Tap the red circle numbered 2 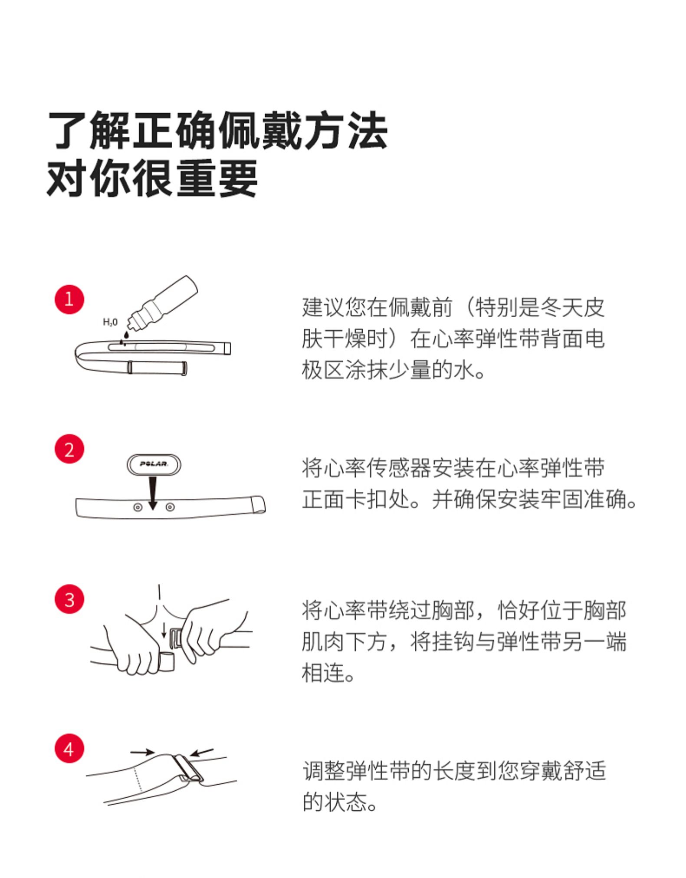[69, 449]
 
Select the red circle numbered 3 [69, 599]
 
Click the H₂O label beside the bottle [110, 322]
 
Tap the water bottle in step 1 [163, 303]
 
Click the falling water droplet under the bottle [125, 335]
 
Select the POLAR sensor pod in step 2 [154, 464]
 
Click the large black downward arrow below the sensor [152, 494]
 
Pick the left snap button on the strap [138, 507]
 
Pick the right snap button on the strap [170, 506]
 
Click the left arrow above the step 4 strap [142, 751]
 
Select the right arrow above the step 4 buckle [202, 752]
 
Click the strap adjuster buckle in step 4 [187, 768]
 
